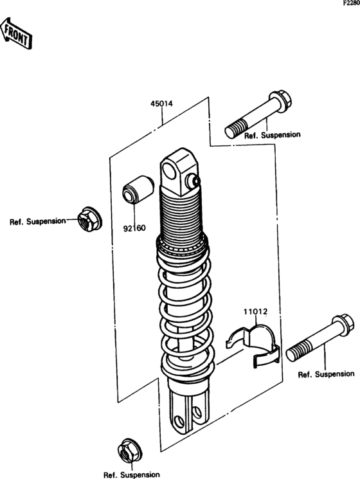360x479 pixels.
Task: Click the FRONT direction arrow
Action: [16, 33]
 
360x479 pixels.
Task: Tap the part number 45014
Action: [161, 104]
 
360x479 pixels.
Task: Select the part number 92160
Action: [134, 228]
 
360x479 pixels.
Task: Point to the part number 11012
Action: [256, 312]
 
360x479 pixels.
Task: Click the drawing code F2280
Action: [351, 3]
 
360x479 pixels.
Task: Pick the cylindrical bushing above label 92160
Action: [138, 189]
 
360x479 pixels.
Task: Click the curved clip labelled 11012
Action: [253, 345]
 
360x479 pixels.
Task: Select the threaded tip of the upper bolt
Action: [235, 129]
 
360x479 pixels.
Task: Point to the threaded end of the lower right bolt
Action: [298, 352]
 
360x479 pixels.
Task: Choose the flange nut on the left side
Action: [89, 219]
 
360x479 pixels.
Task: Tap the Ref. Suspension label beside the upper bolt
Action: [272, 135]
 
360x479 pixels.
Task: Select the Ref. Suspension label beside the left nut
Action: [37, 221]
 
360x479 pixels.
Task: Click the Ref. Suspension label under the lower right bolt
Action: [326, 374]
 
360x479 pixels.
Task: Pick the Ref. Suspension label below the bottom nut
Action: [132, 474]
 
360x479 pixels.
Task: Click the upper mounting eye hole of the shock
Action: [169, 172]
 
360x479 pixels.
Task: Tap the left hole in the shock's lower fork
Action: [179, 422]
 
